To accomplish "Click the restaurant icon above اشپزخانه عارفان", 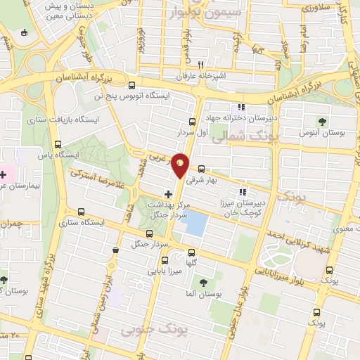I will (202, 63).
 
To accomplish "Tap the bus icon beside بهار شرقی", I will (202, 169).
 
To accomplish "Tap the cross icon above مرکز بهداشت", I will (167, 193).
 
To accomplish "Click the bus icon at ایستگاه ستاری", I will (82, 212).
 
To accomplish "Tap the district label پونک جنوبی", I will (148, 329).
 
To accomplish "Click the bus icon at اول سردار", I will (193, 122).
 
